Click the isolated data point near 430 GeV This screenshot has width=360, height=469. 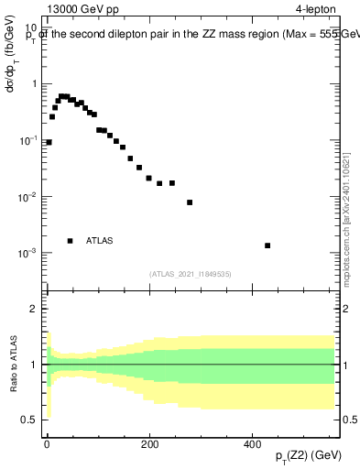pos(267,245)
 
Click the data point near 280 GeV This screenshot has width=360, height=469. pos(190,202)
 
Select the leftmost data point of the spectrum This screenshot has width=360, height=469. pos(49,142)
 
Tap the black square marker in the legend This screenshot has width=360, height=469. pos(70,241)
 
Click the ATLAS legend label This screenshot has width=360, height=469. pos(100,241)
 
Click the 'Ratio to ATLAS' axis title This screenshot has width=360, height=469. pos(12,364)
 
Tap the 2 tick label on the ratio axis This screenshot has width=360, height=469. pos(37,309)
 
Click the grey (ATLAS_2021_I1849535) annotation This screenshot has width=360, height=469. pos(190,273)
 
